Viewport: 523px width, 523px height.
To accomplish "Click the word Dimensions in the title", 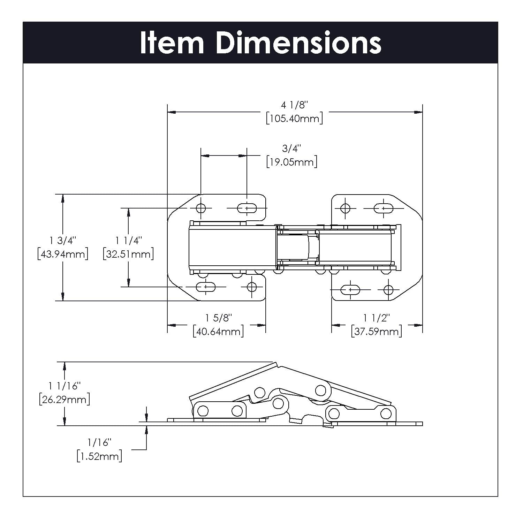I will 298,43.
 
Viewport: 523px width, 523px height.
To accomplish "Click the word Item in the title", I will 172,43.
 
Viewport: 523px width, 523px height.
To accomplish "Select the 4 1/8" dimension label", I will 295,105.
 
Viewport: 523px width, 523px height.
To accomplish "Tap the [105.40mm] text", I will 294,119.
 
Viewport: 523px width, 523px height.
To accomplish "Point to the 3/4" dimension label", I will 291,149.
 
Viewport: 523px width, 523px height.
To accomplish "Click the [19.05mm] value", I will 291,162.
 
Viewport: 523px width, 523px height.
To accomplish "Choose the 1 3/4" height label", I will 63,240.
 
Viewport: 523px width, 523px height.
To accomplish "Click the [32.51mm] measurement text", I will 128,254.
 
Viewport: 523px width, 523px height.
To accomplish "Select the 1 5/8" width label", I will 218,318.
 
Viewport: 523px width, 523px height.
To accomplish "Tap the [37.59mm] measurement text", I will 377,331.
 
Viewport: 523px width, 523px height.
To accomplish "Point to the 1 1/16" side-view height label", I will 65,386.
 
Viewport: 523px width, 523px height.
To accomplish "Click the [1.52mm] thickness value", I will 99,456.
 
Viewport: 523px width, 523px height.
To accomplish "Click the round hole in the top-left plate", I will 200,209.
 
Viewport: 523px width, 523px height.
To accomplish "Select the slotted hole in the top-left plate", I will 247,209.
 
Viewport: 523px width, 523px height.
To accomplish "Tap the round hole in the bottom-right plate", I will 388,290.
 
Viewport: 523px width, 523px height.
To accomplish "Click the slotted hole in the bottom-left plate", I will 206,287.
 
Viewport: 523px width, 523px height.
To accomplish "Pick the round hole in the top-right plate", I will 345,209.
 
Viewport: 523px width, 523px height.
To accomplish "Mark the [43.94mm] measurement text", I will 63,254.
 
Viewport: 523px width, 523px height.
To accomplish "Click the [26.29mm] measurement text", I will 65,399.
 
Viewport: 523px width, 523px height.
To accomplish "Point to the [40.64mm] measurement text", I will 218,331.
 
